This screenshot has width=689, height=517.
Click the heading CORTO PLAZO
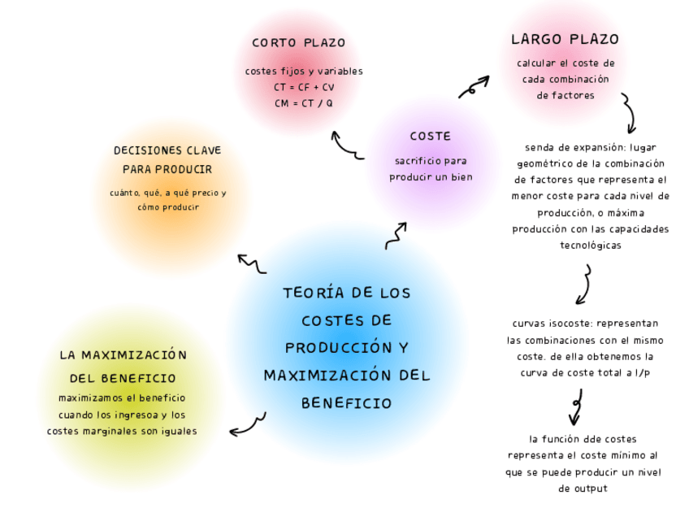click(x=298, y=43)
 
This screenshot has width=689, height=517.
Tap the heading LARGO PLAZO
click(x=565, y=39)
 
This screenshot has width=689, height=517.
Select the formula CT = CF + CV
click(x=304, y=87)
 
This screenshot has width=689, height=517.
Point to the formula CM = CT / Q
click(x=304, y=103)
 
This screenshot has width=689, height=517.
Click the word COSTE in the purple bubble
click(x=430, y=136)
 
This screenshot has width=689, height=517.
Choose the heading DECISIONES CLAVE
click(x=167, y=150)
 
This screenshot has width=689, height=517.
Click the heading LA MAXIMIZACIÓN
click(x=123, y=355)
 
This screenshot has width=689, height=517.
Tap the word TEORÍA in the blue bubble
click(x=310, y=292)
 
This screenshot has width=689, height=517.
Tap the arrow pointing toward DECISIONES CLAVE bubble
click(x=251, y=263)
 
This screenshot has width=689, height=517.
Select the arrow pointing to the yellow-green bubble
click(x=247, y=424)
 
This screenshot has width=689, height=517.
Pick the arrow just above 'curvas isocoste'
click(x=583, y=285)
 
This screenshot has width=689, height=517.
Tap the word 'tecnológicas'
click(x=591, y=245)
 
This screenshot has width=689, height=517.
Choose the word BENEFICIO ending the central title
click(x=347, y=402)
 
